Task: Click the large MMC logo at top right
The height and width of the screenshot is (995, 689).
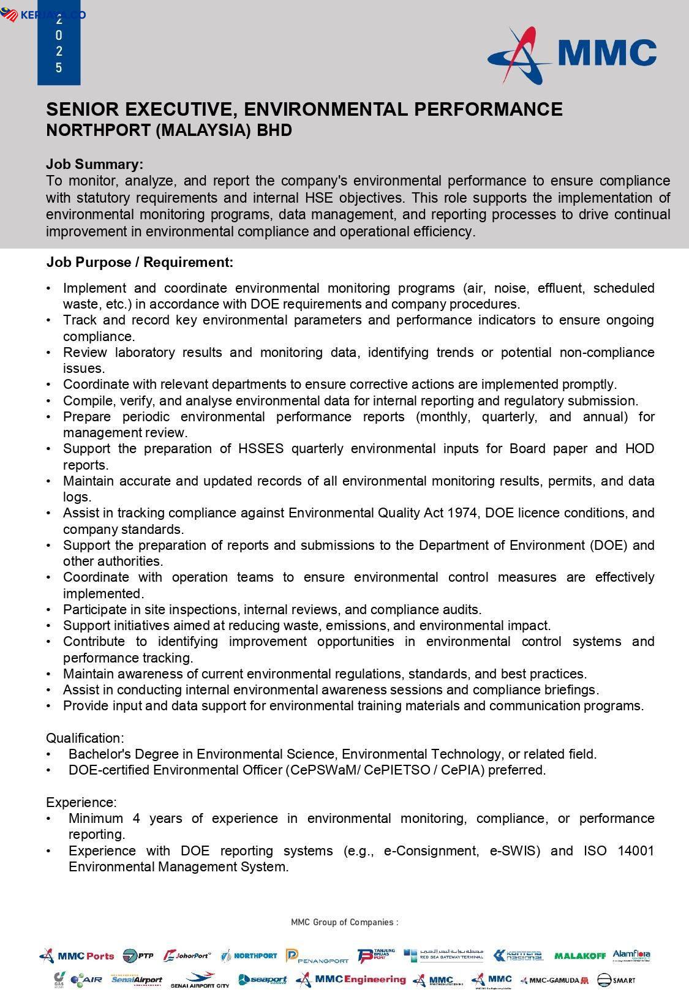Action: click(572, 54)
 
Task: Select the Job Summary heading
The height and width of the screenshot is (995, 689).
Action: click(94, 164)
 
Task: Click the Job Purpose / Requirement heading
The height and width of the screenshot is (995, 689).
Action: click(140, 263)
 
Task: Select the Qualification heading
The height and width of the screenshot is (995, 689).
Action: click(85, 738)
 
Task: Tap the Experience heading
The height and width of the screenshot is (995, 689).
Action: click(81, 802)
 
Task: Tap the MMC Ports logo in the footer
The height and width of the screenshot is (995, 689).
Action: click(77, 956)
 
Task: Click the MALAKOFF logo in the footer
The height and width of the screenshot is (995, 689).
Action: click(579, 956)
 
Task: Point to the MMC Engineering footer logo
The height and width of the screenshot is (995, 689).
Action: click(350, 980)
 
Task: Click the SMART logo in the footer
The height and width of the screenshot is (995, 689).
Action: click(616, 980)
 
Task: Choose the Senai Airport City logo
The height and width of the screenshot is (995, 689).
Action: click(200, 980)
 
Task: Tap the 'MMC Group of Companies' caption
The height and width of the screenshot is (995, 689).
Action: click(344, 922)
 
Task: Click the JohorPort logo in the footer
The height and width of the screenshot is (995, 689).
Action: click(187, 956)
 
